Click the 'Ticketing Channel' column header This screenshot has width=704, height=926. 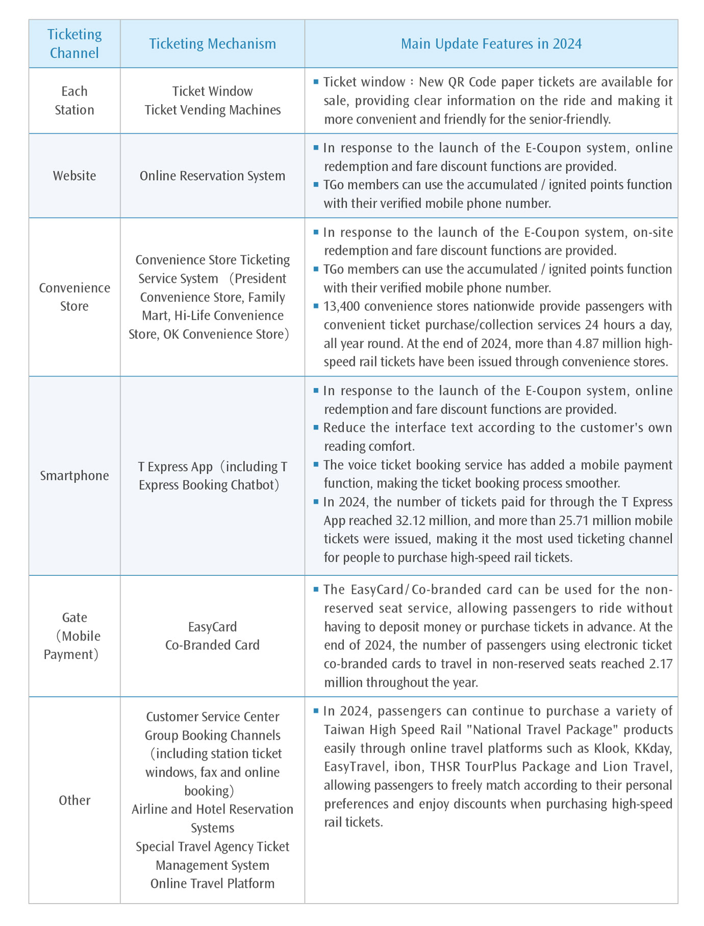tap(74, 44)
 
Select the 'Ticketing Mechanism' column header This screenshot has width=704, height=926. tap(212, 44)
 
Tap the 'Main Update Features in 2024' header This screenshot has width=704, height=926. tap(491, 44)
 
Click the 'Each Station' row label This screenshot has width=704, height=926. tap(74, 101)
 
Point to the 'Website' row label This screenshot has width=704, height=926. tap(74, 176)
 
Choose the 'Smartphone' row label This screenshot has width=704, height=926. tap(74, 476)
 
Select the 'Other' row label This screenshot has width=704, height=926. tap(74, 800)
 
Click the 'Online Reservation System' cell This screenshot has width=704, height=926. tap(212, 176)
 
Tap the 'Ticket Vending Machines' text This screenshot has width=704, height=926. tap(212, 110)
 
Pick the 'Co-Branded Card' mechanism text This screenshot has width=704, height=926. tap(212, 645)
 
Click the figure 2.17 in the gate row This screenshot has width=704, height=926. tap(661, 664)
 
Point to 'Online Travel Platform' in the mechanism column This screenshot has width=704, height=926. tap(212, 884)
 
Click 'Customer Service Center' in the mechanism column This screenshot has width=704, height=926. tap(212, 717)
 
